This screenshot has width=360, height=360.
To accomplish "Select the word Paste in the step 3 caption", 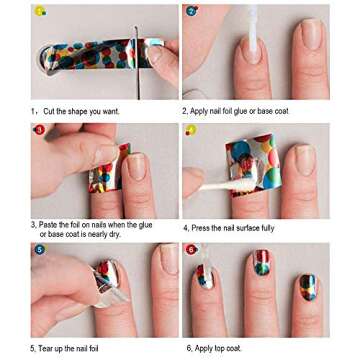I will click(x=51, y=225).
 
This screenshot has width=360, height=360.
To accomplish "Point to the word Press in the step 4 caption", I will click(x=207, y=228).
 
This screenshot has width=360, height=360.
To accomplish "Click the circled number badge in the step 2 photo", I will click(x=192, y=11).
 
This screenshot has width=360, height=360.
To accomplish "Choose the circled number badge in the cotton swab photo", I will click(x=192, y=130).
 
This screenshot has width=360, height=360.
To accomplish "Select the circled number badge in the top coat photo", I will click(x=192, y=249).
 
